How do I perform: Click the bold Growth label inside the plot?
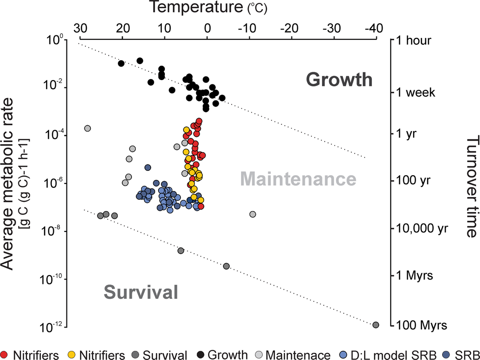click(339, 79)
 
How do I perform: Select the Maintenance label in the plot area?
click(298, 180)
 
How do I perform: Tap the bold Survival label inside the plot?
click(140, 292)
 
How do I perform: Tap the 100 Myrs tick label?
click(417, 324)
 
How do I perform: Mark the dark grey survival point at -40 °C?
click(376, 325)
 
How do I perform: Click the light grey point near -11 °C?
click(253, 214)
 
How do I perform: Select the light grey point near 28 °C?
click(87, 128)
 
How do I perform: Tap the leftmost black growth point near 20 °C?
click(121, 64)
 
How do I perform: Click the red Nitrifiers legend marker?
click(4, 355)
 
